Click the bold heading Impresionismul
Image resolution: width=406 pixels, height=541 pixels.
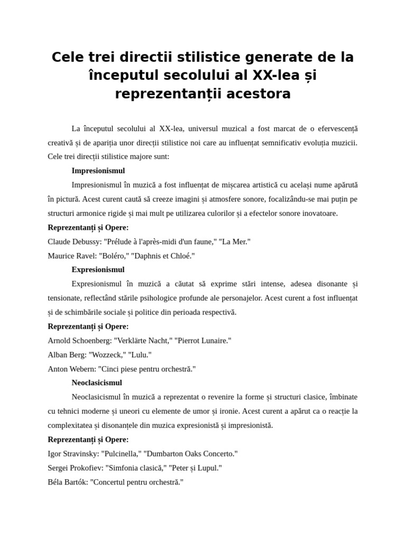(x=98, y=171)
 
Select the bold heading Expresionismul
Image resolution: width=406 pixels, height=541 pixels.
(x=98, y=269)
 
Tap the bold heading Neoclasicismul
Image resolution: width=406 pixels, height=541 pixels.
(x=97, y=383)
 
